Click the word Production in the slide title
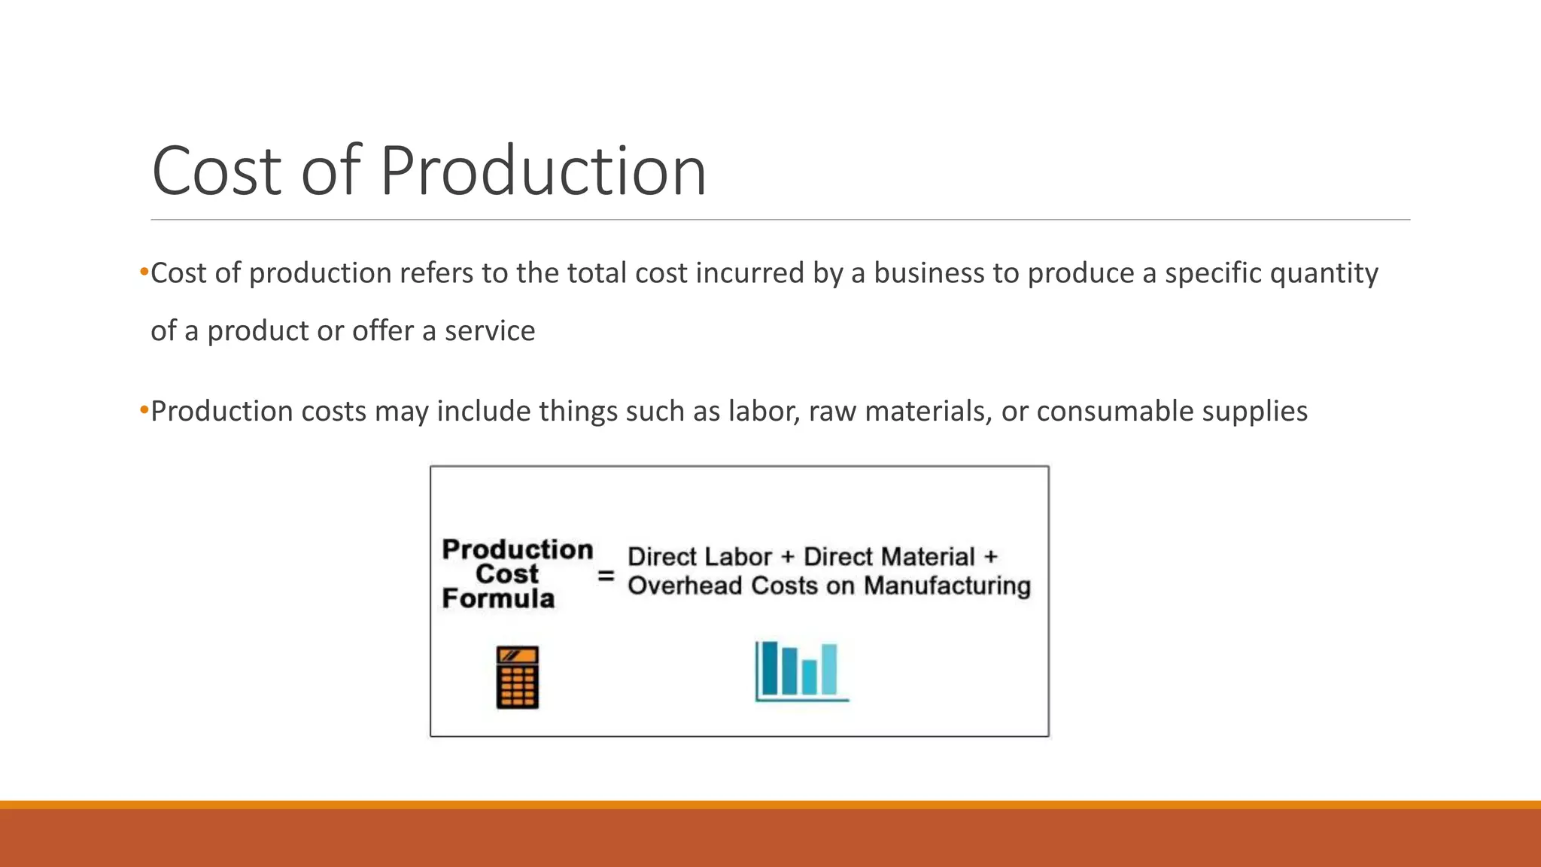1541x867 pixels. pyautogui.click(x=543, y=172)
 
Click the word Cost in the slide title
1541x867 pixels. pyautogui.click(x=217, y=172)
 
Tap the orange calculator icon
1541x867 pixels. pyautogui.click(x=518, y=677)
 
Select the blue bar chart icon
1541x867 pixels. pyautogui.click(x=801, y=671)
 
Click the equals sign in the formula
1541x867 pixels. pyautogui.click(x=606, y=576)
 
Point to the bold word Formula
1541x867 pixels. pyautogui.click(x=498, y=599)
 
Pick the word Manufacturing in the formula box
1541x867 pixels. pyautogui.click(x=947, y=586)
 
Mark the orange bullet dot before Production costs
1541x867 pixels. pyautogui.click(x=144, y=411)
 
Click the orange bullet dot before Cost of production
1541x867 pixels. pyautogui.click(x=144, y=272)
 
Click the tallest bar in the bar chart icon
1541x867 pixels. pyautogui.click(x=770, y=668)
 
